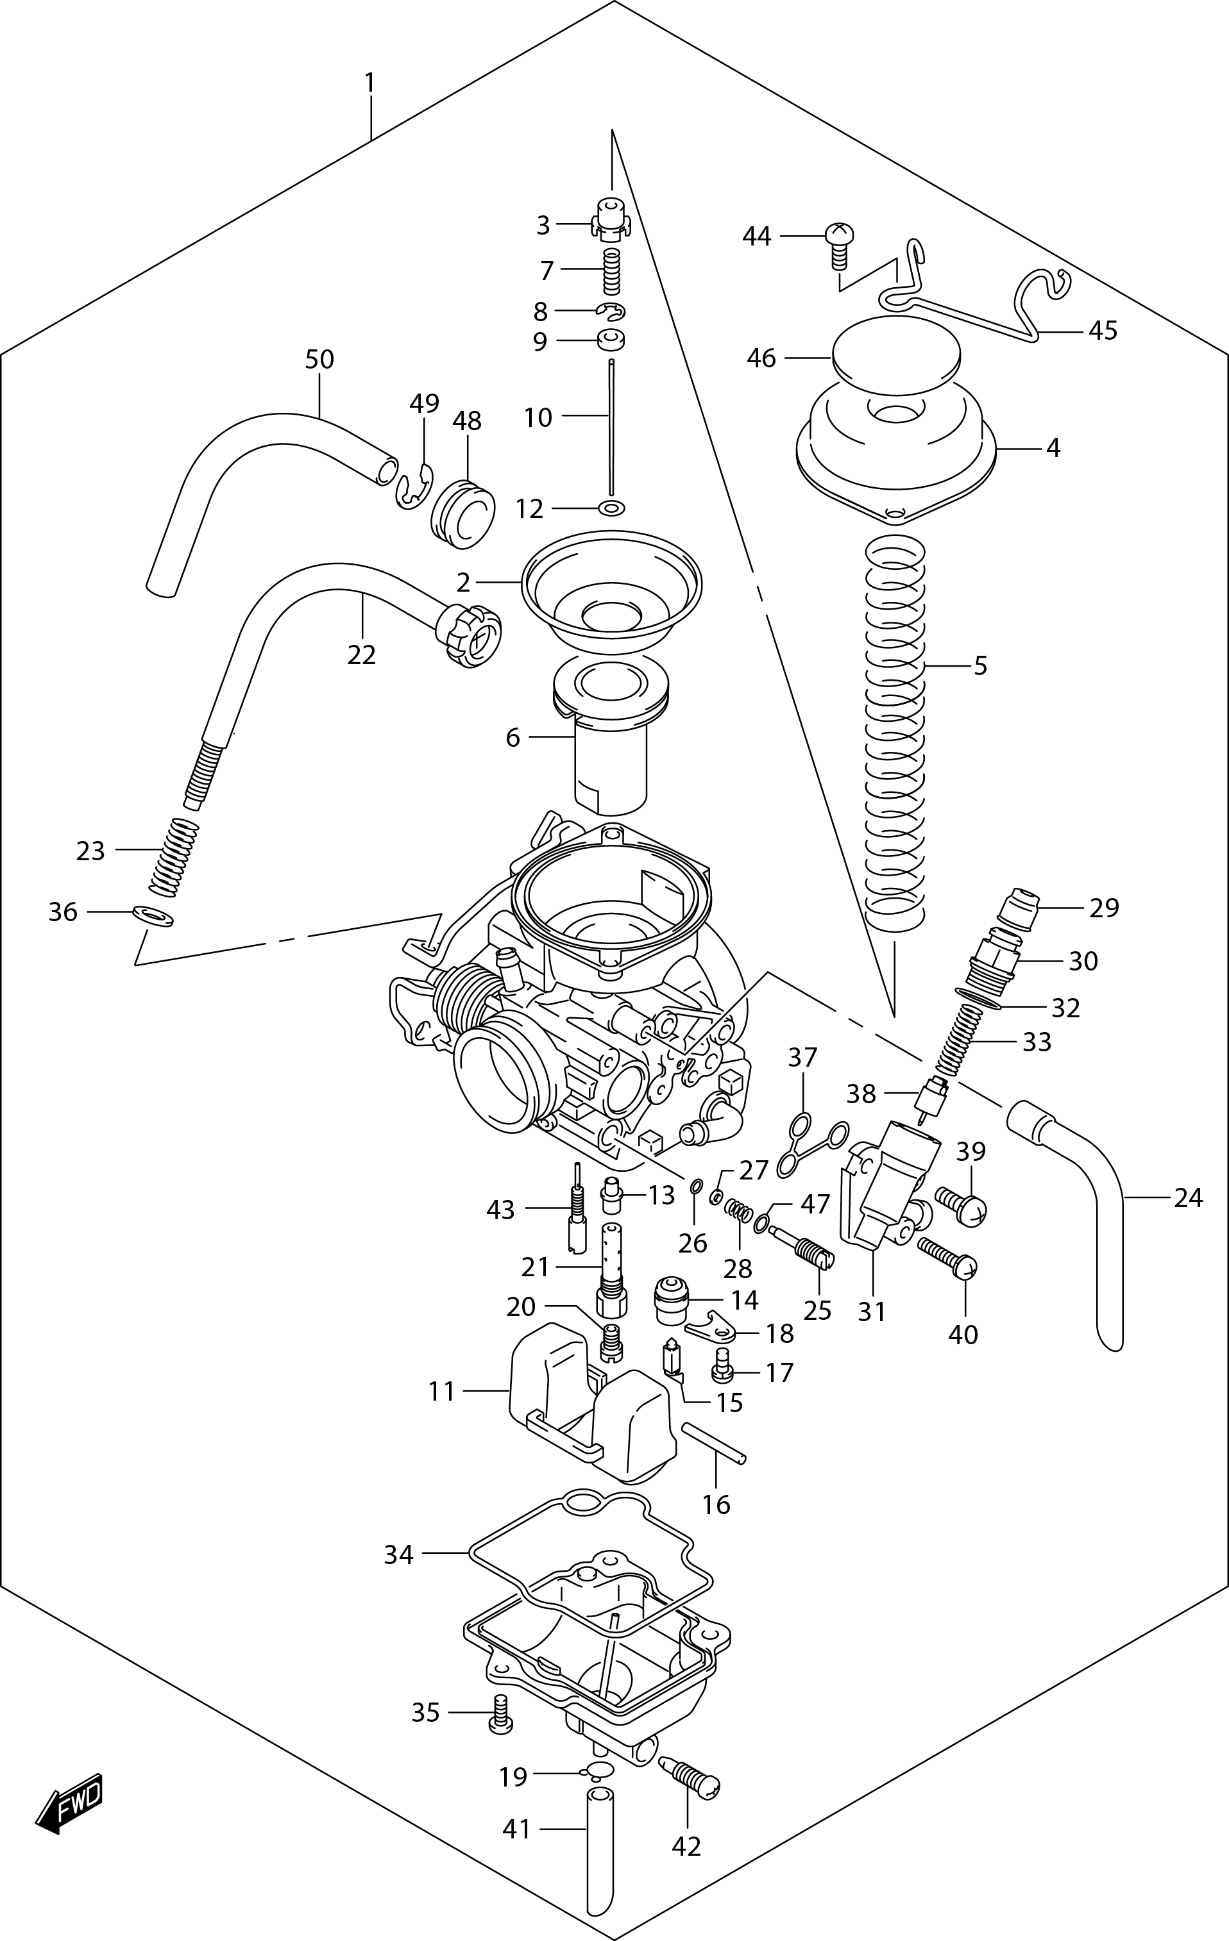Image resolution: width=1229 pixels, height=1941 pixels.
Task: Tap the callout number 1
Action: click(370, 83)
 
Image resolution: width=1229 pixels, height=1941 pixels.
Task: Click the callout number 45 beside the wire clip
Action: click(1103, 331)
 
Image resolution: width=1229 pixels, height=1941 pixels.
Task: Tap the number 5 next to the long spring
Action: click(980, 666)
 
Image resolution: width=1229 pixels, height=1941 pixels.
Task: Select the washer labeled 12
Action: click(611, 508)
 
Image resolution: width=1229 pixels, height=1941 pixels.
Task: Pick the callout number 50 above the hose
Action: click(319, 360)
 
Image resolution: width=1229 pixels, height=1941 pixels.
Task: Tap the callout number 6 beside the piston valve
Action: click(513, 738)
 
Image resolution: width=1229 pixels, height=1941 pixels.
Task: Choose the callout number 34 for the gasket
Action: click(398, 1553)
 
